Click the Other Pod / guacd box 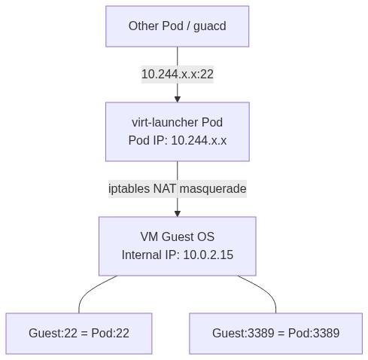pos(177,26)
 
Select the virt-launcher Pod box pos(177,131)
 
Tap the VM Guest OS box pos(177,246)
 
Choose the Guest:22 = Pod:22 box pos(79,333)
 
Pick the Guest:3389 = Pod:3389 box pos(275,333)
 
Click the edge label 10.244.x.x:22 pos(178,74)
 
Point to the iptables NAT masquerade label pos(178,188)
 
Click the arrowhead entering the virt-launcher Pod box pos(178,98)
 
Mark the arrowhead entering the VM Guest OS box pos(178,212)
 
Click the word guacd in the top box pos(210,26)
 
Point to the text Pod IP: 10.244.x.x pos(178,140)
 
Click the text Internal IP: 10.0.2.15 pos(178,255)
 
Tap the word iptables pos(129,188)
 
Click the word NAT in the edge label pos(166,188)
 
